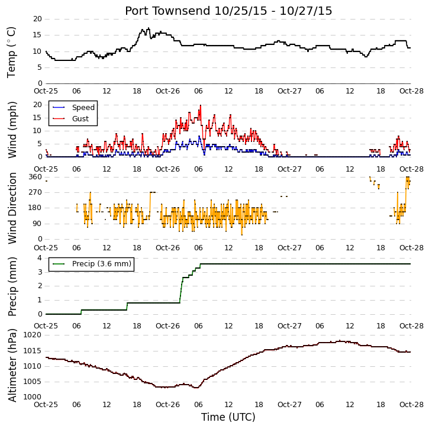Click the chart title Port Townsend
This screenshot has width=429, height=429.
pos(168,11)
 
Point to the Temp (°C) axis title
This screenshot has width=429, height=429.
pos(11,53)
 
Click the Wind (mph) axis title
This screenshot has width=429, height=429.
pos(12,130)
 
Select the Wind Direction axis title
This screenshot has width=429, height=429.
pos(12,208)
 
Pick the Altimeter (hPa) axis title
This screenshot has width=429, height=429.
pos(12,366)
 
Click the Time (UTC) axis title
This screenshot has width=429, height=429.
pos(228,417)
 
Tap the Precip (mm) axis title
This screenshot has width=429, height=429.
pos(12,287)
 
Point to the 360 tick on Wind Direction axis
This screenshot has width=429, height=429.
pos(36,177)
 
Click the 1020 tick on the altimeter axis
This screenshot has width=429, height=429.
pos(33,335)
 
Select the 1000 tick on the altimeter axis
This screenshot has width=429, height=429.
pos(33,397)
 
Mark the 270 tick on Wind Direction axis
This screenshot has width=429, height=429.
pos(36,192)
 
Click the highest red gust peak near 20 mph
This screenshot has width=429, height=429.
pos(201,105)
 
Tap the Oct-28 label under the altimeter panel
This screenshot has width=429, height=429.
pos(411,405)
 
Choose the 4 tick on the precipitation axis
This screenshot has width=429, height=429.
pos(40,258)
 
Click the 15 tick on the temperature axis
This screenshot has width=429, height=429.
pos(38,35)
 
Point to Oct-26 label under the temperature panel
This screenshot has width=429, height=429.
pos(167,91)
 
